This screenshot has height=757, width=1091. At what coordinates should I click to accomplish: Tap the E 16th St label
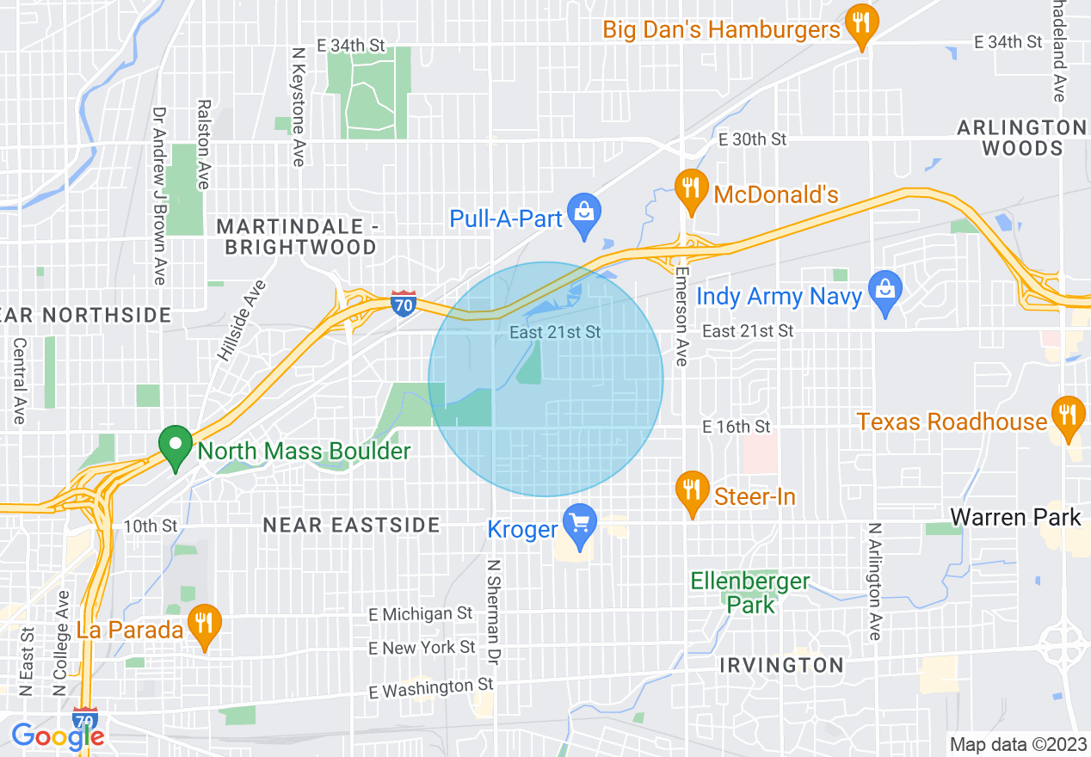tap(736, 427)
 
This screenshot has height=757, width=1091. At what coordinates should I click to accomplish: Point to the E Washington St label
tap(431, 688)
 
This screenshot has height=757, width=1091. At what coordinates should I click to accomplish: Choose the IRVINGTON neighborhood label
tap(781, 665)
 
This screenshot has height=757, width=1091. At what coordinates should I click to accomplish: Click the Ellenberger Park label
tap(750, 593)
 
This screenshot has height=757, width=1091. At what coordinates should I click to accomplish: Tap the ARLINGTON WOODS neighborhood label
tap(1022, 138)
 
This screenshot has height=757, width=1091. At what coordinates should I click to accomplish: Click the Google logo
tap(58, 735)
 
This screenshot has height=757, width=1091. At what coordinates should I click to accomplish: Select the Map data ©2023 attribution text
tap(1016, 744)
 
